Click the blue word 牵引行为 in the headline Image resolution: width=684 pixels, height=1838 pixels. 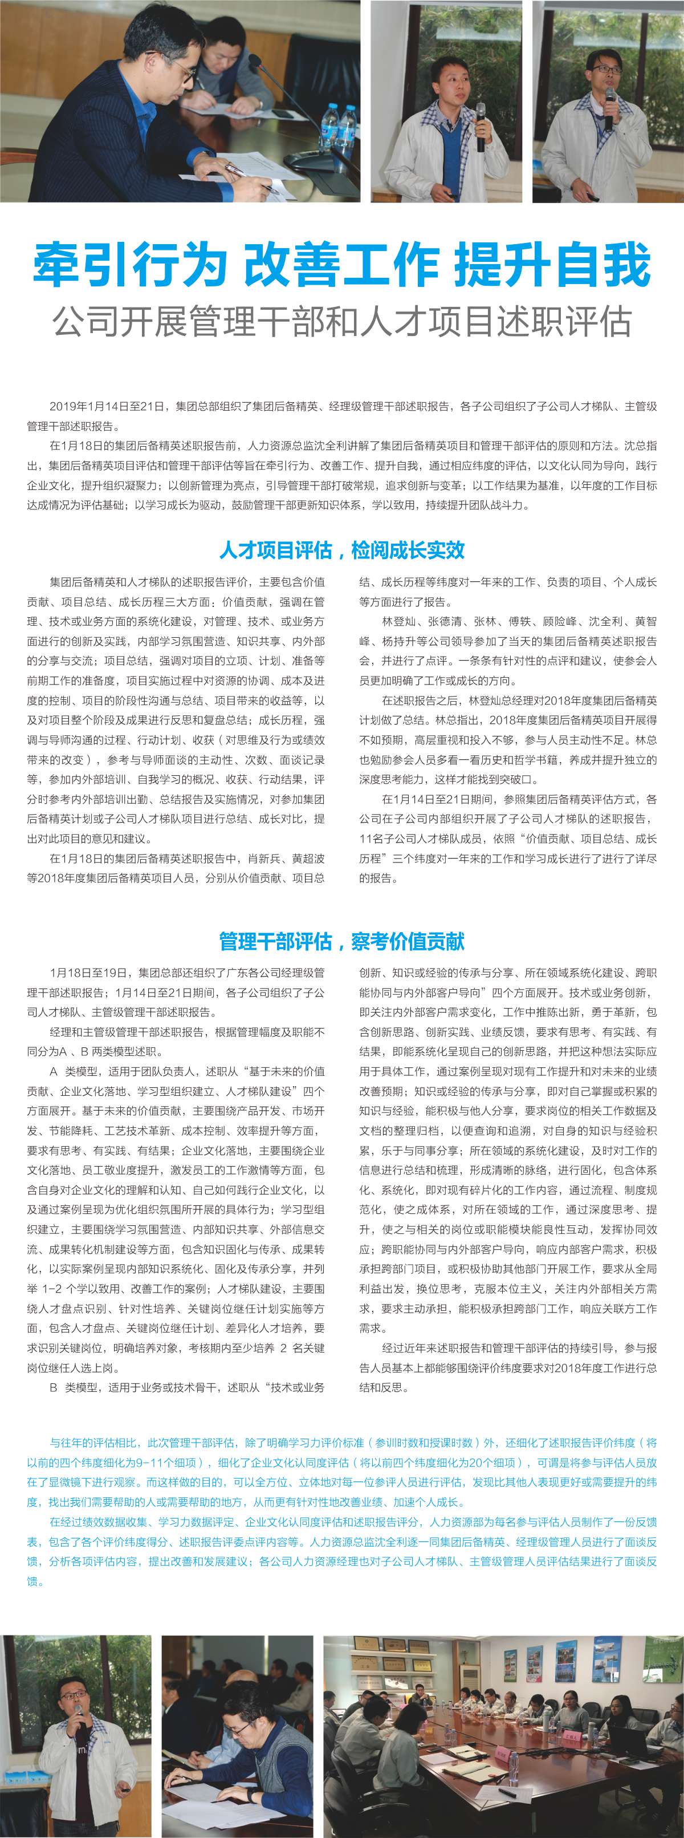point(130,265)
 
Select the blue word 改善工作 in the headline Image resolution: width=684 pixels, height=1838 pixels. point(341,265)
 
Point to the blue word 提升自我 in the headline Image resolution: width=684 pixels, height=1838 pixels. point(552,265)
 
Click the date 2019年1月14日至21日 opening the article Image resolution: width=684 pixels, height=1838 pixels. point(107,407)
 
